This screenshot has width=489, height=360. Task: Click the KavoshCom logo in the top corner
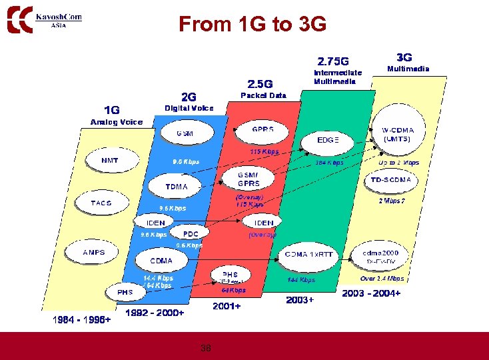pyautogui.click(x=44, y=18)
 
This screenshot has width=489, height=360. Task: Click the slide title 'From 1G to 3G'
pyautogui.click(x=252, y=25)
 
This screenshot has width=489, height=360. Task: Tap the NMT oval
pyautogui.click(x=110, y=161)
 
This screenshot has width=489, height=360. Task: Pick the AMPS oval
pyautogui.click(x=94, y=253)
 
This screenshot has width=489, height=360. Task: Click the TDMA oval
pyautogui.click(x=176, y=186)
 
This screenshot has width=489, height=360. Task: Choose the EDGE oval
pyautogui.click(x=328, y=141)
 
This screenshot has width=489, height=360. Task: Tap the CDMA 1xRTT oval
pyautogui.click(x=308, y=255)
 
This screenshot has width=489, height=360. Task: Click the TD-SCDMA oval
pyautogui.click(x=400, y=180)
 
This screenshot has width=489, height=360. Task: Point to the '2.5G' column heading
pyautogui.click(x=260, y=83)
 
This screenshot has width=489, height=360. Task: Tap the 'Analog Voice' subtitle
pyautogui.click(x=117, y=122)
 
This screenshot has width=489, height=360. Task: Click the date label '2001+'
pyautogui.click(x=227, y=307)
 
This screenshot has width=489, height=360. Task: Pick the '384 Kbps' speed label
pyautogui.click(x=329, y=163)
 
